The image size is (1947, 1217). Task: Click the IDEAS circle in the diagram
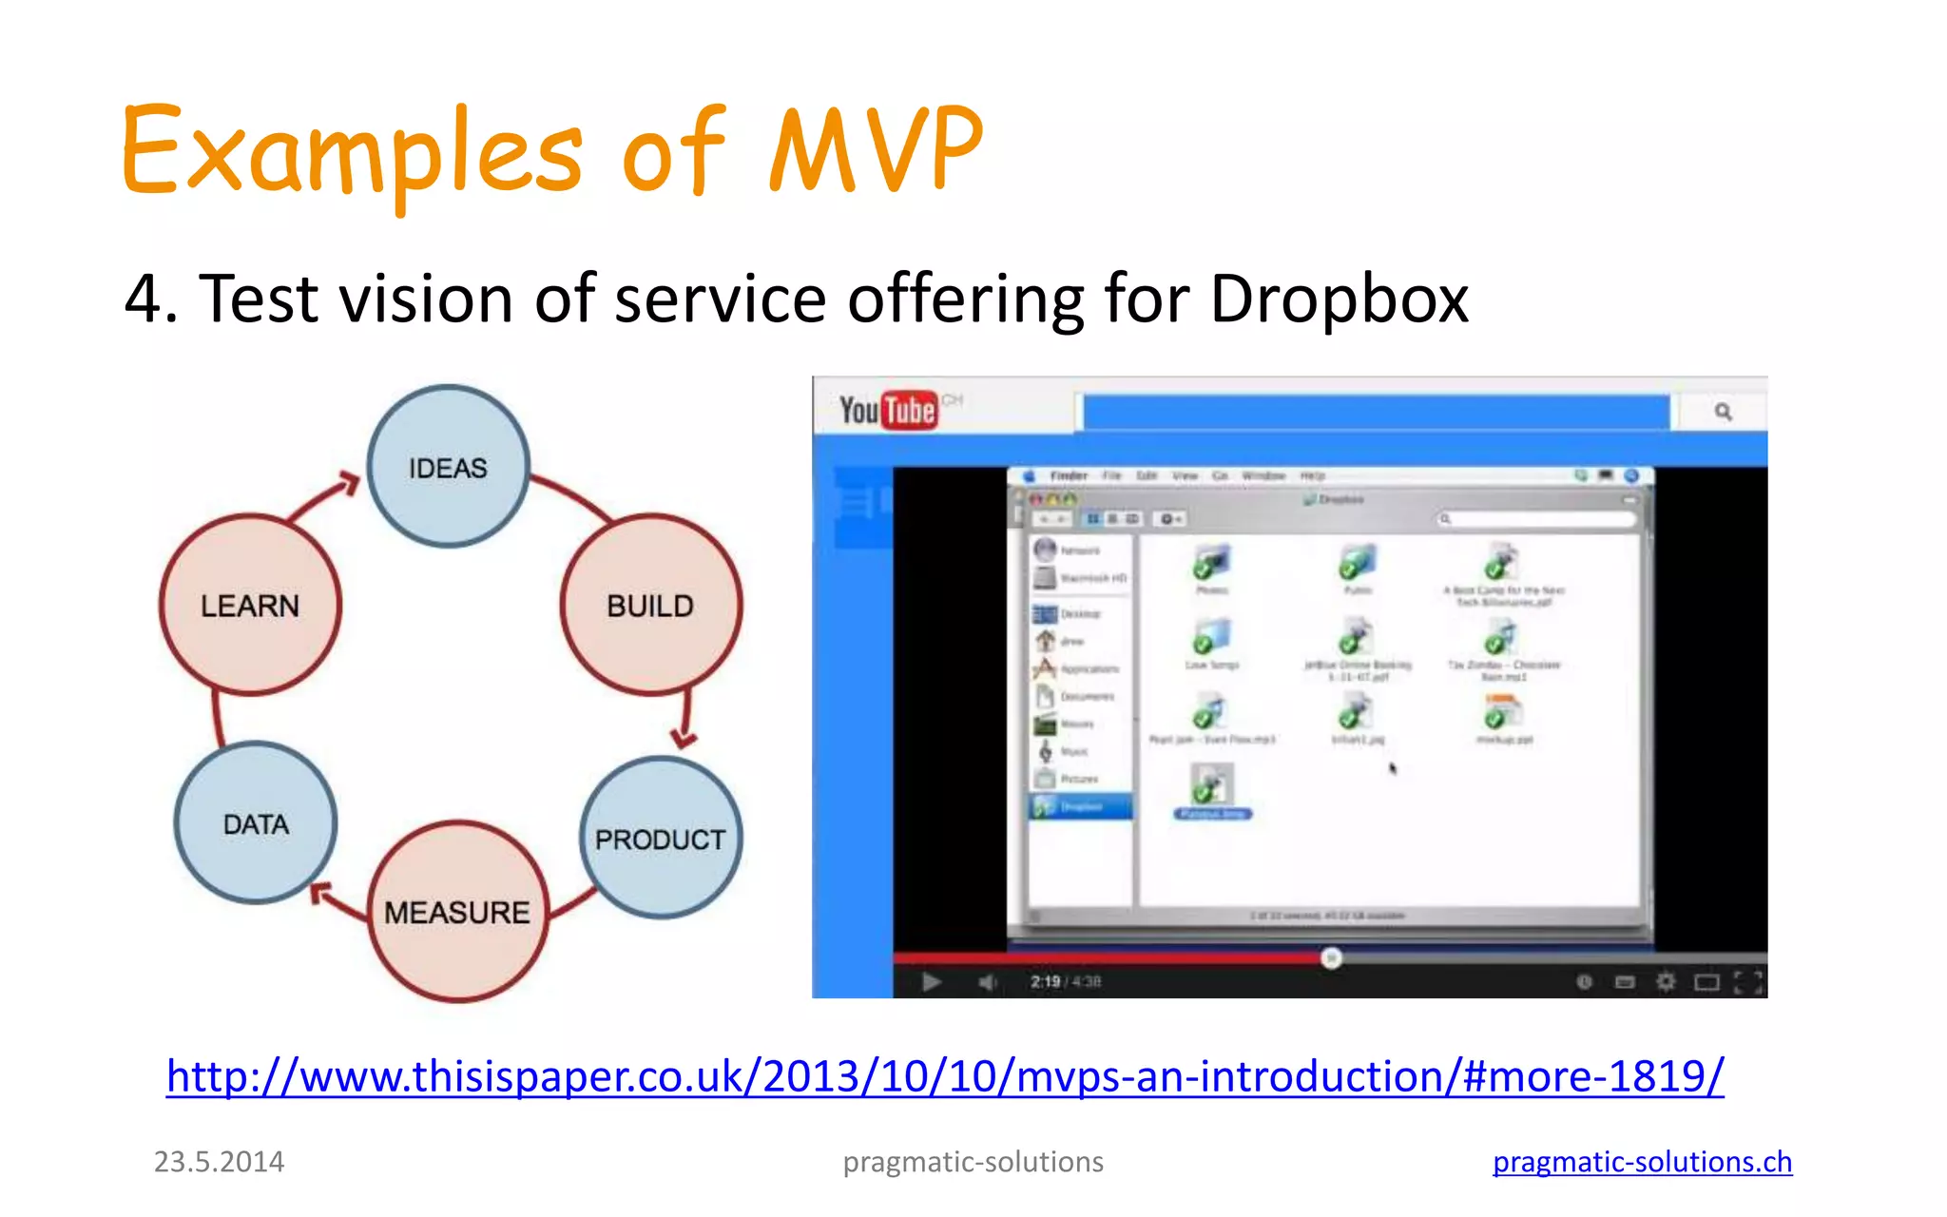pyautogui.click(x=448, y=467)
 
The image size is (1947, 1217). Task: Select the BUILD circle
pyautogui.click(x=650, y=606)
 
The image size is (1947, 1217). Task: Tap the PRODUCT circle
pyautogui.click(x=660, y=839)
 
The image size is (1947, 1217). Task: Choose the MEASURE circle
pyautogui.click(x=457, y=912)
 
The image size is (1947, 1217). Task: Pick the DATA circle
pyautogui.click(x=256, y=823)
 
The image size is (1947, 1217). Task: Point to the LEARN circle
pyautogui.click(x=250, y=606)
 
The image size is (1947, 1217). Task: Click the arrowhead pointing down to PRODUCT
pyautogui.click(x=684, y=738)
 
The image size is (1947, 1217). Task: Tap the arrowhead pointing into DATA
pyautogui.click(x=322, y=893)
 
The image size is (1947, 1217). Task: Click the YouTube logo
pyautogui.click(x=888, y=411)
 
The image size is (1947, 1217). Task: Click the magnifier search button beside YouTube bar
pyautogui.click(x=1723, y=412)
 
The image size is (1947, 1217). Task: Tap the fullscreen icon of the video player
pyautogui.click(x=1747, y=981)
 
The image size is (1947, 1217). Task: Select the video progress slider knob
pyautogui.click(x=1331, y=957)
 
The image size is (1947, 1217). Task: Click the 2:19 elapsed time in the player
pyautogui.click(x=1045, y=981)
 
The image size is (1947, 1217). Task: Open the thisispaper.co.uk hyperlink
pyautogui.click(x=945, y=1076)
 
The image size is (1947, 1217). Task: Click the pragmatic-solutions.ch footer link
pyautogui.click(x=1642, y=1162)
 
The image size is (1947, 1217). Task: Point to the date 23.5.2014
pyautogui.click(x=219, y=1162)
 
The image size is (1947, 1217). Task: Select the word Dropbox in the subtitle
pyautogui.click(x=1339, y=299)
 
